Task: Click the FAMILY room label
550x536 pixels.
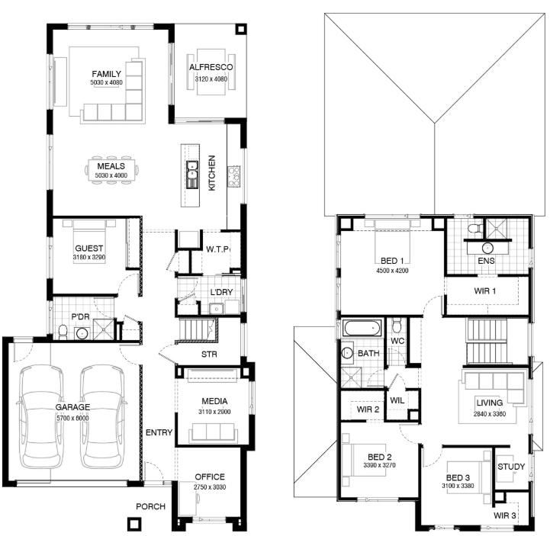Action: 106,74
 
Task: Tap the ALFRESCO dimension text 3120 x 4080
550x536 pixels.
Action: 211,79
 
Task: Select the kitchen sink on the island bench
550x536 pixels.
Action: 192,175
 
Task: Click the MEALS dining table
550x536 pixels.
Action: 111,170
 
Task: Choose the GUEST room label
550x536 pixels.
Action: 88,249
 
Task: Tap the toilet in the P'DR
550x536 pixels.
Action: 63,332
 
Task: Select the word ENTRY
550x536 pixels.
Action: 159,432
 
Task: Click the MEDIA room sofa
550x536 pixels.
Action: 211,432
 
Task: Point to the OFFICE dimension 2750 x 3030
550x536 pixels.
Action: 210,487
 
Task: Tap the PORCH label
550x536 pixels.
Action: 150,506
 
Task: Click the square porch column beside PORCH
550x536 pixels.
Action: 133,524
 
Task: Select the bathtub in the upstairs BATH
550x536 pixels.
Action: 362,328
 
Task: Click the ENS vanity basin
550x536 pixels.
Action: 487,248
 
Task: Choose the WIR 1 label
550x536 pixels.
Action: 485,290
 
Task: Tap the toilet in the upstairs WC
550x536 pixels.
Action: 397,326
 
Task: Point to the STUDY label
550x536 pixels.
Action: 511,467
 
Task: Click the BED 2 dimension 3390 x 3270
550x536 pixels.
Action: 380,465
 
